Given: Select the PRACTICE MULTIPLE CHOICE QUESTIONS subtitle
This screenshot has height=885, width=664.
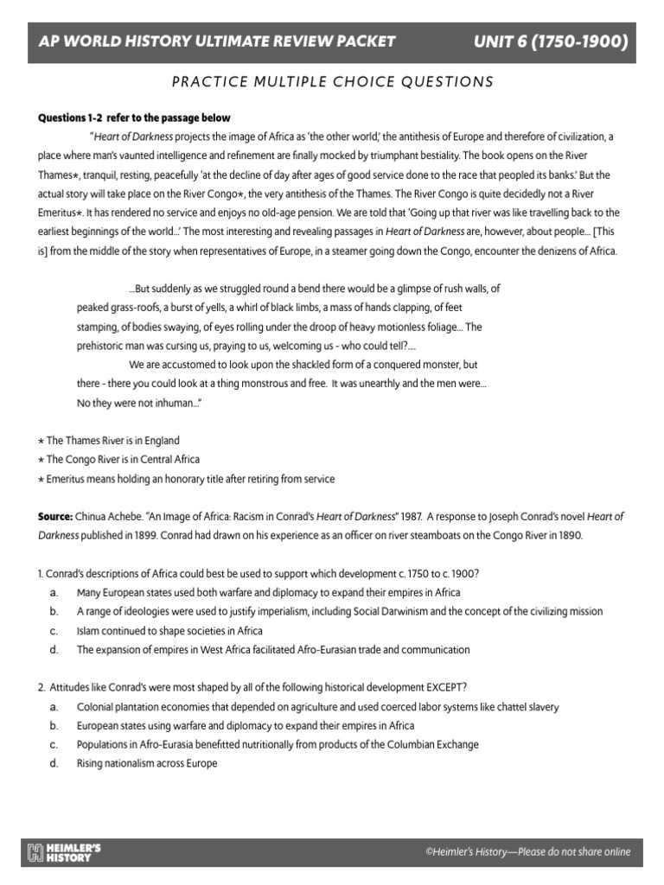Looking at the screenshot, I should coord(332,82).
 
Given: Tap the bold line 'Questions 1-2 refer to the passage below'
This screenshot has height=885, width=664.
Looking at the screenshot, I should coord(134,118).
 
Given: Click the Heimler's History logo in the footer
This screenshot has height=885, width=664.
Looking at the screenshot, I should coord(65,852).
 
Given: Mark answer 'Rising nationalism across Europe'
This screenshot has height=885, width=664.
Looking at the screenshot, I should coord(147,763).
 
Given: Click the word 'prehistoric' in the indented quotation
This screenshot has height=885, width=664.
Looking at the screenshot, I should coord(102,346).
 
